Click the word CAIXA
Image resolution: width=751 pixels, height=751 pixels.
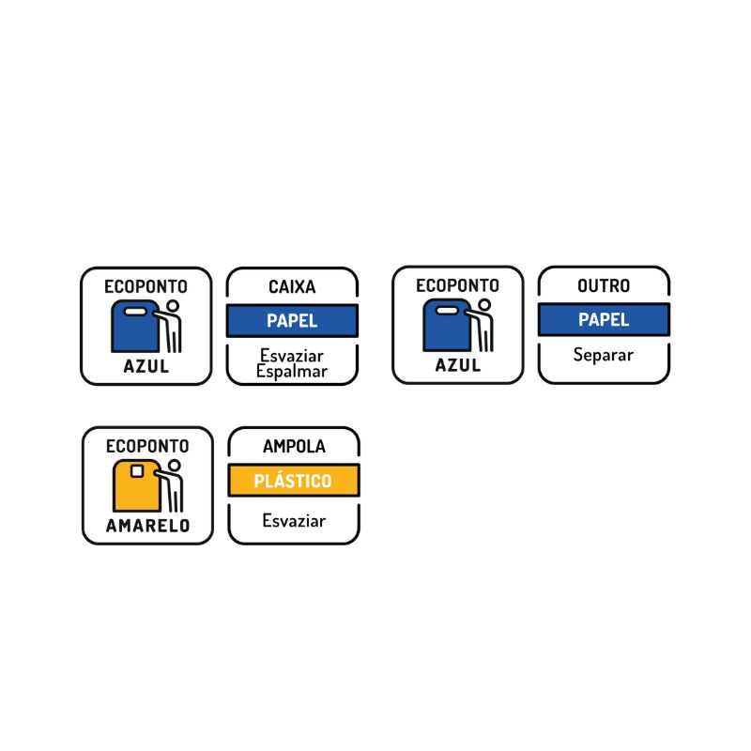pyautogui.click(x=292, y=287)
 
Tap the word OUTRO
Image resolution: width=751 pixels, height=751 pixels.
pyautogui.click(x=604, y=285)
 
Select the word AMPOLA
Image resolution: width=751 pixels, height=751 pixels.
pyautogui.click(x=294, y=447)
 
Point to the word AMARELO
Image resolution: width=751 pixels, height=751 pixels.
pyautogui.click(x=146, y=526)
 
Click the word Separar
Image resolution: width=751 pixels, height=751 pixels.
pyautogui.click(x=604, y=355)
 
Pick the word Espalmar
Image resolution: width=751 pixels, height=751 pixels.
pyautogui.click(x=292, y=371)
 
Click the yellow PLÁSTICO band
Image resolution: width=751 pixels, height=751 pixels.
pyautogui.click(x=294, y=481)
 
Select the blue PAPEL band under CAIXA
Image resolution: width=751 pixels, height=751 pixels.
pyautogui.click(x=292, y=320)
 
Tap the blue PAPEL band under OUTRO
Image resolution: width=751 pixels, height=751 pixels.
pyautogui.click(x=604, y=319)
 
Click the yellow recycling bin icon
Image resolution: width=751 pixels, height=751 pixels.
pyautogui.click(x=137, y=485)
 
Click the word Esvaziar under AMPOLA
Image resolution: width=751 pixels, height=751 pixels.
pyautogui.click(x=294, y=520)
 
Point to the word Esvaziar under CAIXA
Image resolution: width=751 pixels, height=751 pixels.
pyautogui.click(x=292, y=356)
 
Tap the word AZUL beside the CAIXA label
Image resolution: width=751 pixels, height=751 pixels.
pyautogui.click(x=146, y=366)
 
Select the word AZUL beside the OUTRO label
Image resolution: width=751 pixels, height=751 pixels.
pyautogui.click(x=458, y=365)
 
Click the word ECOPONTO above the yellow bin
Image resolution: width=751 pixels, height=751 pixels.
pyautogui.click(x=146, y=445)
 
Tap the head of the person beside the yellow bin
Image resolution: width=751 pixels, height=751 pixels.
pyautogui.click(x=175, y=466)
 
